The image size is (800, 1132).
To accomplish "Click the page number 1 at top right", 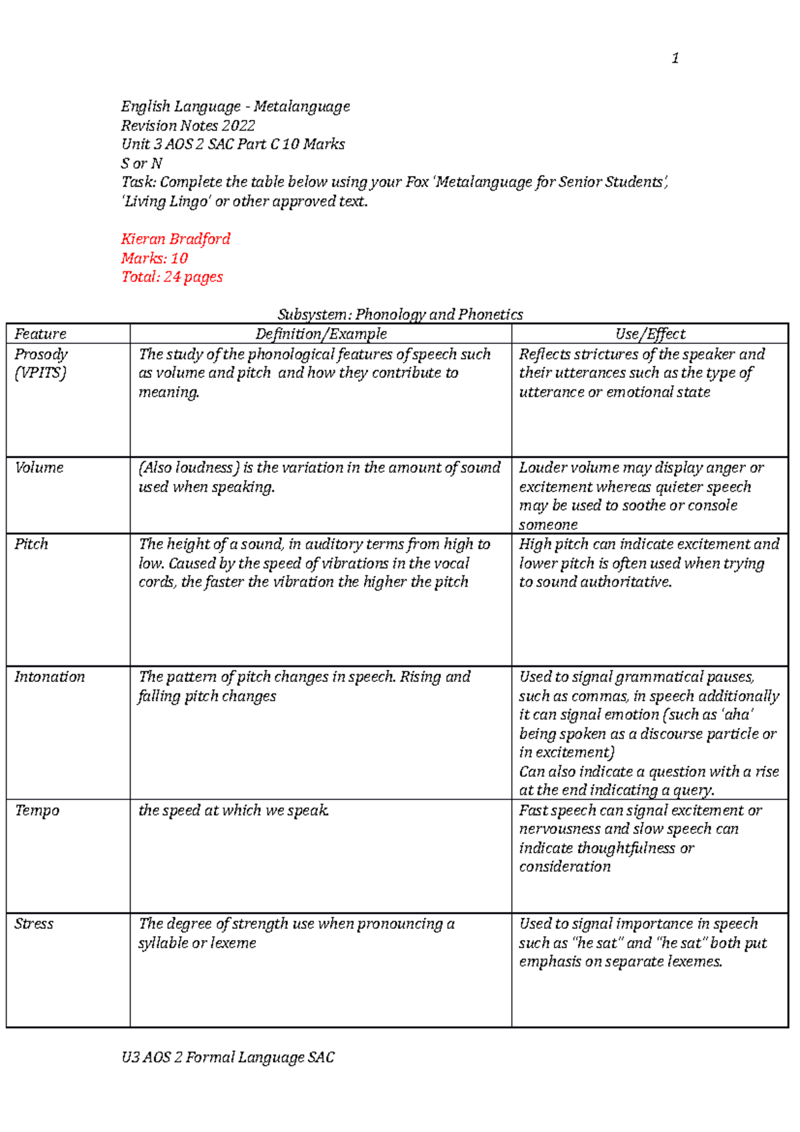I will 675,59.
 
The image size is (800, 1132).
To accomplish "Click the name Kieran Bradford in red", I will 175,239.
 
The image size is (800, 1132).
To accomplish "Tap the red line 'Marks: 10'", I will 154,258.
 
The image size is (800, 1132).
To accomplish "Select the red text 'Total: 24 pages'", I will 172,277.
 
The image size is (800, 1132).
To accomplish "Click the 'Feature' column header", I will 41,334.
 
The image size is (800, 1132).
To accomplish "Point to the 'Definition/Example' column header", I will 321,334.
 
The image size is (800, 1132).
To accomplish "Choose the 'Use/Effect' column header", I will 650,334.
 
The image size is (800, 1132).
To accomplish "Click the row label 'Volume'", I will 39,468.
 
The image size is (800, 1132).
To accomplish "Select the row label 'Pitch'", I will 31,544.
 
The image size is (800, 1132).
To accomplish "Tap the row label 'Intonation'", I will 49,677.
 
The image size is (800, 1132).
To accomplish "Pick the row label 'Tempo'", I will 37,811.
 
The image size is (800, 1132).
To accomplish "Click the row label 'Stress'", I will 33,924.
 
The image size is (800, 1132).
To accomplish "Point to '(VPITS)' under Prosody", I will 40,373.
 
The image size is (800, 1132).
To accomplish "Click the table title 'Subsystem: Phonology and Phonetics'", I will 400,315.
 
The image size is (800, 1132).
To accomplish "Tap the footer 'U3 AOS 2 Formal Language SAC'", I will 227,1057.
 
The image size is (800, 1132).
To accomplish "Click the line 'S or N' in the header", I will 141,163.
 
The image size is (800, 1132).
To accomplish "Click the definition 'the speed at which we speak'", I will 233,811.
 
